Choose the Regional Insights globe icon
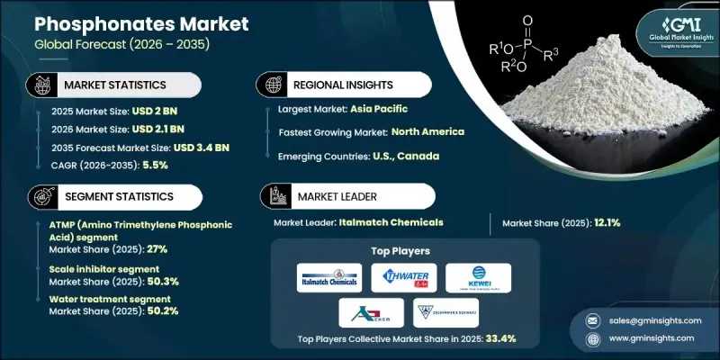pos(269,84)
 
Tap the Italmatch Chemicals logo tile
pos(328,277)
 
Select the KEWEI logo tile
pos(478,277)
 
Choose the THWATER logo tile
pos(403,277)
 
